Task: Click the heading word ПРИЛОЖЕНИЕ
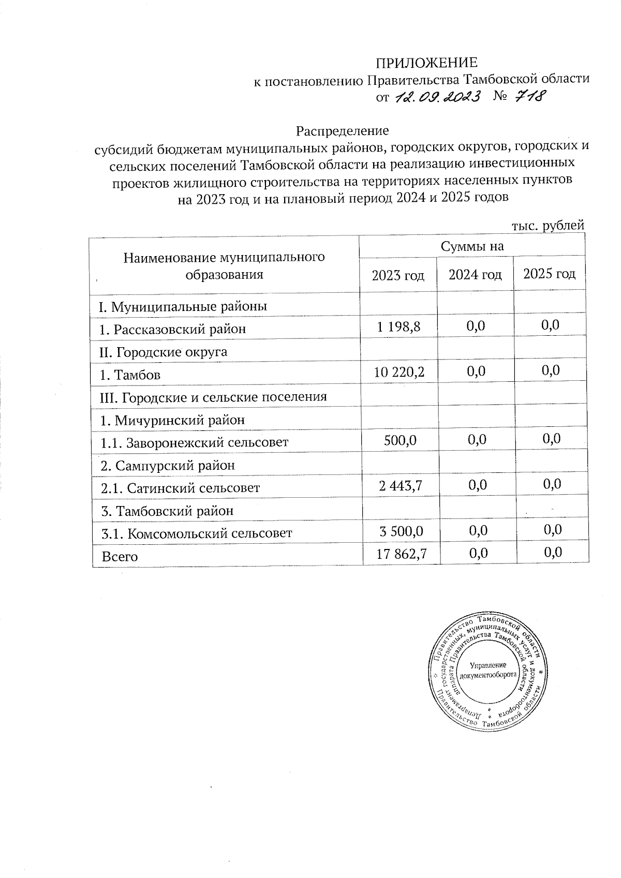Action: [426, 63]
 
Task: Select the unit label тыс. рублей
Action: [548, 226]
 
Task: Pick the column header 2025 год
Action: [549, 274]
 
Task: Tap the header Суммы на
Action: [472, 247]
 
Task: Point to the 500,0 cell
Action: [400, 440]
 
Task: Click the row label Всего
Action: [120, 557]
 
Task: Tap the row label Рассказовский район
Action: [173, 329]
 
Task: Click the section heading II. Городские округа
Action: [163, 352]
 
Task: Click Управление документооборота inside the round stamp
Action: [488, 670]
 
